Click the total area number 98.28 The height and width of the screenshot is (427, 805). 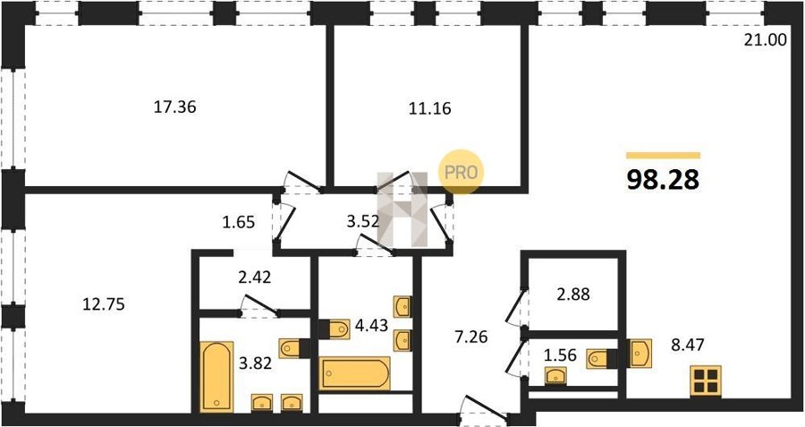663,180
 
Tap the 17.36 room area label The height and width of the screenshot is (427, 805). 175,107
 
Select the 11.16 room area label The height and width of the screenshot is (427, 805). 429,109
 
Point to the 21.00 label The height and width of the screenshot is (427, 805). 766,40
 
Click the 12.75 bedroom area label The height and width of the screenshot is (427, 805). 104,304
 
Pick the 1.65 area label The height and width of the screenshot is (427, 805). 238,223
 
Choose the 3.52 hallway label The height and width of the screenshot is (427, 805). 363,223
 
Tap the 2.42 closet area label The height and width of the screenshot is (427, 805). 254,278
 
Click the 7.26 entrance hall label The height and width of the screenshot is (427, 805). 470,337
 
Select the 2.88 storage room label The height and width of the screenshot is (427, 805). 573,295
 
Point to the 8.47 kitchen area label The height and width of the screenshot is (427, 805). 687,344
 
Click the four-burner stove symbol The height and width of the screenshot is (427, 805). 706,381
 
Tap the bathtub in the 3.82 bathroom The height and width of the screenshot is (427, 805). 216,377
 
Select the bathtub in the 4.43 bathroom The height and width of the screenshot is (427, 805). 355,372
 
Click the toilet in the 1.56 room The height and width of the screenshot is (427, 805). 597,358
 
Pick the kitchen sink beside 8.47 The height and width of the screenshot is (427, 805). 640,353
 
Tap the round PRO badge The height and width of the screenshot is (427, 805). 461,172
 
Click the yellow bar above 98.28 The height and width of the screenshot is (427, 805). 663,155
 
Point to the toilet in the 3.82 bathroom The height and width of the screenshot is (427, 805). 289,348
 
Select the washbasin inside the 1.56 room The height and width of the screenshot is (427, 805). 555,376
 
